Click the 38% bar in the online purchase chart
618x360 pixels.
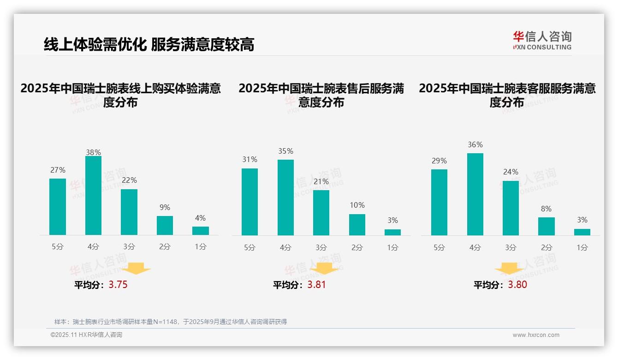coord(93,196)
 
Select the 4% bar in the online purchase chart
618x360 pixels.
coord(201,231)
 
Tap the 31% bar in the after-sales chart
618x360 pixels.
coord(250,202)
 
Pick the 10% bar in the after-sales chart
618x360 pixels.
coord(357,225)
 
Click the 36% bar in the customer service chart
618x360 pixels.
coord(475,194)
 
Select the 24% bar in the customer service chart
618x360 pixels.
coord(511,208)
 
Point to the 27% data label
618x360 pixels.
coord(58,170)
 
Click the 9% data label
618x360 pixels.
coord(165,207)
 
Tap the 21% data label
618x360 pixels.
coord(321,181)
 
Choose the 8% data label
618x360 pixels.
coord(546,209)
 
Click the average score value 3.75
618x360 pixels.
coord(118,285)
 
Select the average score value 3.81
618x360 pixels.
coord(316,285)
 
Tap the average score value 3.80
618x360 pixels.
coord(517,285)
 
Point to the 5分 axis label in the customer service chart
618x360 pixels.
coord(439,247)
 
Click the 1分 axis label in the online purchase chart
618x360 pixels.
coord(201,246)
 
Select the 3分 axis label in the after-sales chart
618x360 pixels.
coord(321,247)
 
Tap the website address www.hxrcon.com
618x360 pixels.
coord(536,335)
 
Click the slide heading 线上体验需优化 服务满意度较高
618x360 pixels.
coord(149,44)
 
